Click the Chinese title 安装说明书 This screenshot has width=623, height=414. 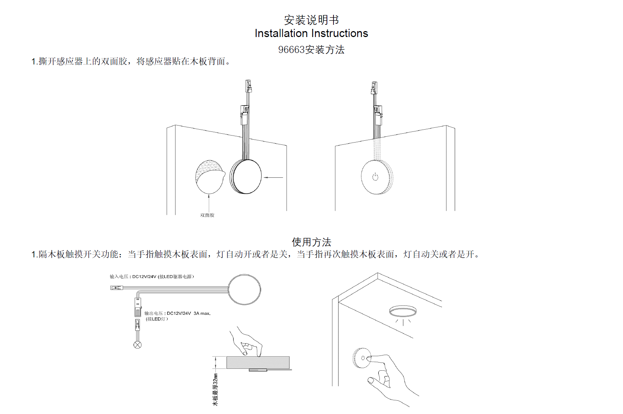[x=311, y=20]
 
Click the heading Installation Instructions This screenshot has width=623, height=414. [x=311, y=33]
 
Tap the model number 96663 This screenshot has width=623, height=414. [x=291, y=50]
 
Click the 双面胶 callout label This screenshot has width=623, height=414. [x=207, y=215]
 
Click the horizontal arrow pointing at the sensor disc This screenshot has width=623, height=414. [x=273, y=177]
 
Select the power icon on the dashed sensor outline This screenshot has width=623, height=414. [x=375, y=177]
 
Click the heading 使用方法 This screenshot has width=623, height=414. [x=311, y=242]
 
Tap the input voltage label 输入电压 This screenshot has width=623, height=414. [x=119, y=277]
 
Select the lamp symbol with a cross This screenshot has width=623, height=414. [x=137, y=345]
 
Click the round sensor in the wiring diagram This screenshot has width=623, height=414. [x=244, y=290]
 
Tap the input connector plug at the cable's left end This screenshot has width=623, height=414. [x=116, y=288]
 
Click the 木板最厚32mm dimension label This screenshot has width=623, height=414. [x=215, y=389]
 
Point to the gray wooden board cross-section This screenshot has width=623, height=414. [x=258, y=363]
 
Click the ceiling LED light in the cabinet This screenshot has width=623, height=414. [x=403, y=311]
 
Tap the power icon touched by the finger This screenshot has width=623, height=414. [x=363, y=358]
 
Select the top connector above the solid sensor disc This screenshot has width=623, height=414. [x=248, y=86]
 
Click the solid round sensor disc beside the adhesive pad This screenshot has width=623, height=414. [x=246, y=177]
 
